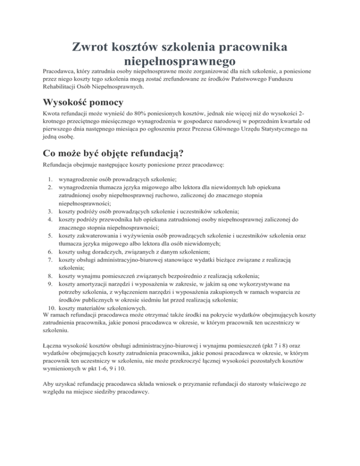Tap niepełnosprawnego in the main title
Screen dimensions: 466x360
pos(180,61)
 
